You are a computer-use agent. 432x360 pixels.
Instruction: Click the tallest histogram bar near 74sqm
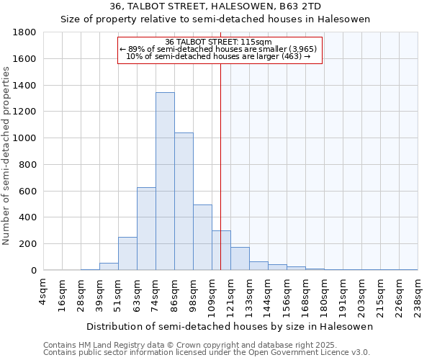(165, 181)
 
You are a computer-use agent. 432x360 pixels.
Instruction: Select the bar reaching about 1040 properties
(184, 202)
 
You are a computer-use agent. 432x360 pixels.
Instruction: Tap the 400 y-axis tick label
(27, 217)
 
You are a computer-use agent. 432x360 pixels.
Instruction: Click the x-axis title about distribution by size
(230, 327)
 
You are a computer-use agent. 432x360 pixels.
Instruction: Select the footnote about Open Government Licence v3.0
(207, 353)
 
